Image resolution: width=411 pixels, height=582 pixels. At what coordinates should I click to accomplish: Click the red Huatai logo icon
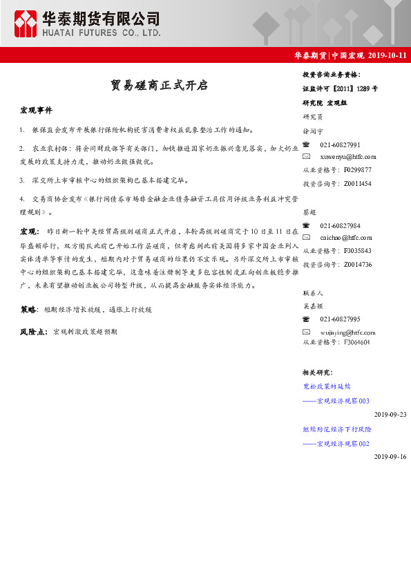[26, 24]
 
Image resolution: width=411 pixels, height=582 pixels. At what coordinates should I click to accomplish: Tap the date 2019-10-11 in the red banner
[388, 55]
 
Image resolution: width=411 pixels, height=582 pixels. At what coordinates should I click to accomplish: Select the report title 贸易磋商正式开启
[159, 86]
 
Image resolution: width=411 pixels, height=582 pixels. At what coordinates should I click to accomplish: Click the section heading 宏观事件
[36, 111]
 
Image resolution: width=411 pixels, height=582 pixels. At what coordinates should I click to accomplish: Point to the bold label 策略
[28, 310]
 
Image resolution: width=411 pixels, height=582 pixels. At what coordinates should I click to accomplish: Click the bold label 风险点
[33, 332]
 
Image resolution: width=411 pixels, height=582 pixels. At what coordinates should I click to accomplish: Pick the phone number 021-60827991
[340, 145]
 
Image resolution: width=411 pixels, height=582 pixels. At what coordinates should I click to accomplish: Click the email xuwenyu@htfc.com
[347, 157]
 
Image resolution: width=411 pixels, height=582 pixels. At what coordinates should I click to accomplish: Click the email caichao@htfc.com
[346, 238]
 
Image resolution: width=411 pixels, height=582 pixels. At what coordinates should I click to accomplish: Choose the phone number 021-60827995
[340, 319]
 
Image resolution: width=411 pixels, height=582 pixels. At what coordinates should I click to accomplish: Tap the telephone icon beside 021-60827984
[307, 225]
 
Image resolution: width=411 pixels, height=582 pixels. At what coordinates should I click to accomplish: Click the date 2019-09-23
[390, 414]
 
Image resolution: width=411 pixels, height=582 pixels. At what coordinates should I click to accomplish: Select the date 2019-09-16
[390, 457]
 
